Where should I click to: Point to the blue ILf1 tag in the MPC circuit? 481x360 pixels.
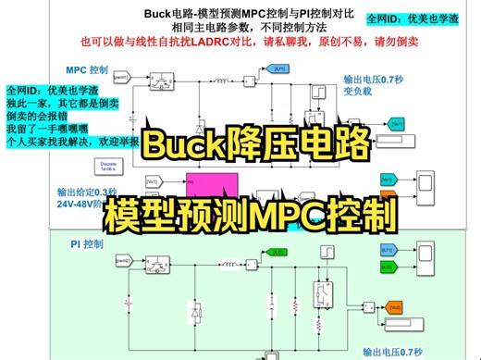point(252,68)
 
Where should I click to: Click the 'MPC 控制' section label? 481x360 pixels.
point(87,69)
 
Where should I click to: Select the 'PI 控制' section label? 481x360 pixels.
point(87,244)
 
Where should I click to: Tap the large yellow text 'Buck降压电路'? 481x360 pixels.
point(255,145)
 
